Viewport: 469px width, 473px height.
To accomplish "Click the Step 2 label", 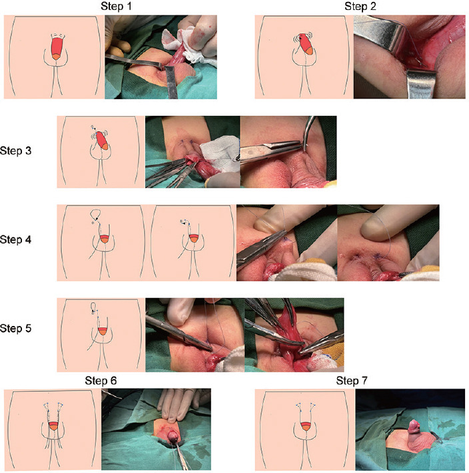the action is click(360, 6).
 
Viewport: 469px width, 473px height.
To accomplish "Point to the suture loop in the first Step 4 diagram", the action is click(97, 216).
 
